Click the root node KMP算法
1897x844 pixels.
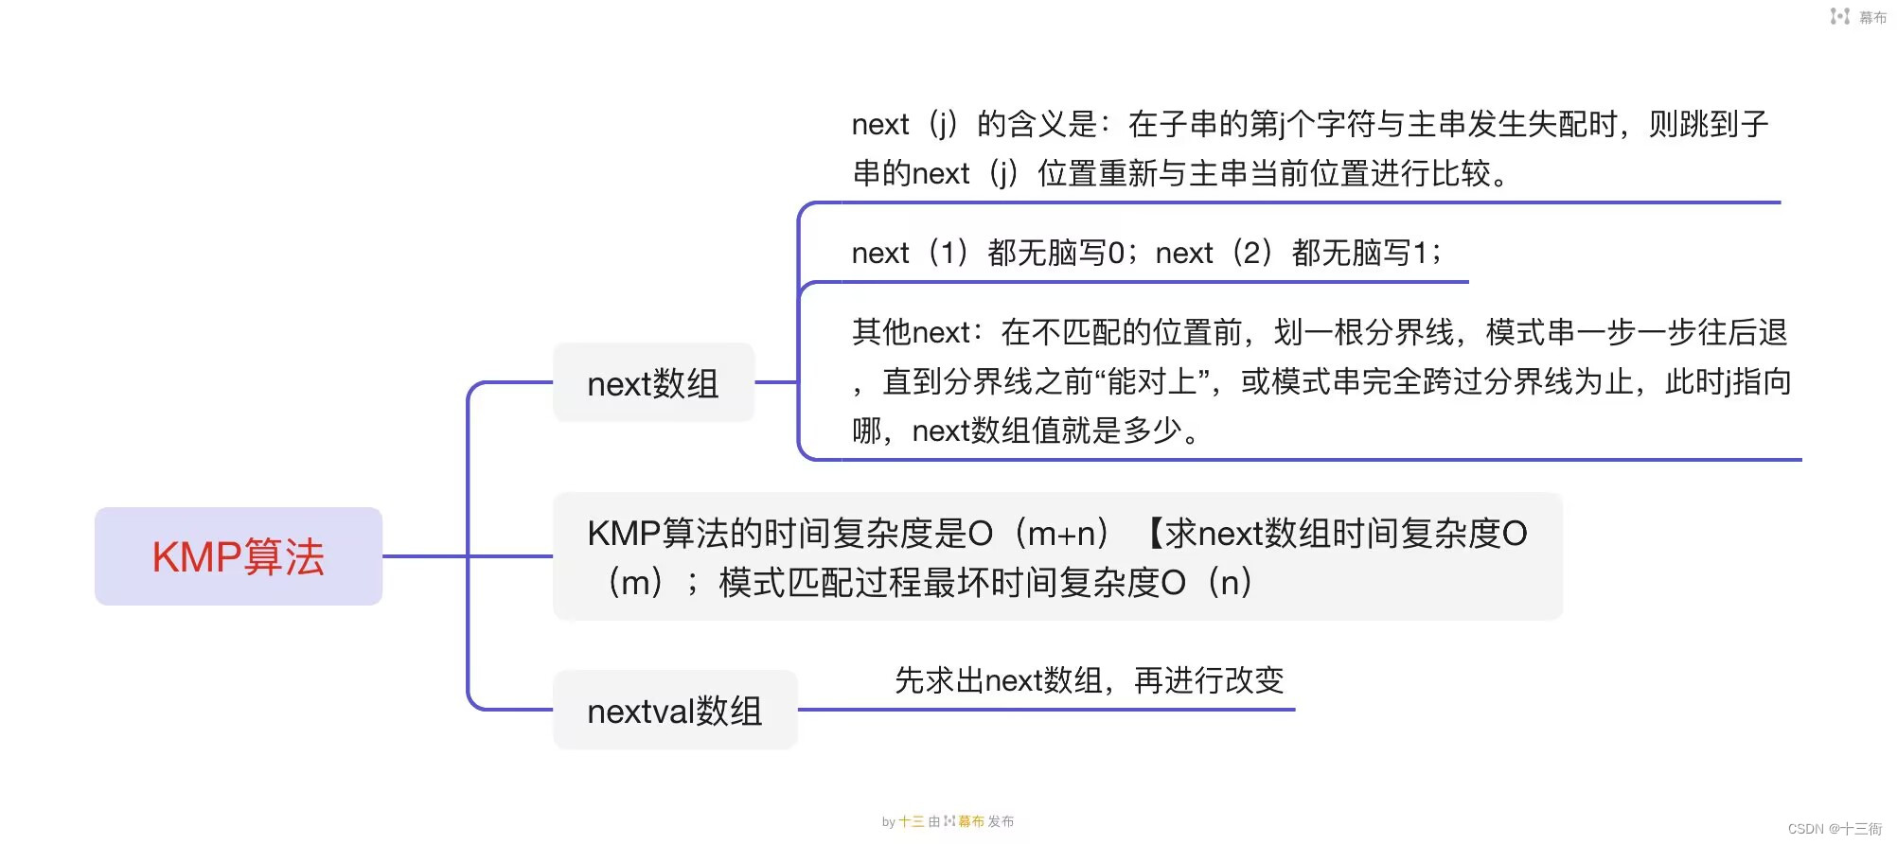(x=239, y=556)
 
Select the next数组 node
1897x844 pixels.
(x=653, y=383)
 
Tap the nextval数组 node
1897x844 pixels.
(x=675, y=711)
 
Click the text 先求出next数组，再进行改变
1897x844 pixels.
(x=1090, y=680)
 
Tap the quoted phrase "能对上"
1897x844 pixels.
(x=1153, y=381)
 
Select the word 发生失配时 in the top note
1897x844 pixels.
(x=1542, y=124)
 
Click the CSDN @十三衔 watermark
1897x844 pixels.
(x=1835, y=829)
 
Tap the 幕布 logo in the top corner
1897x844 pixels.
(x=1858, y=17)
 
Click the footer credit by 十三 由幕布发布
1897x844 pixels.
(x=948, y=821)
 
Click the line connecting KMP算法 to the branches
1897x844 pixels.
(x=425, y=556)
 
